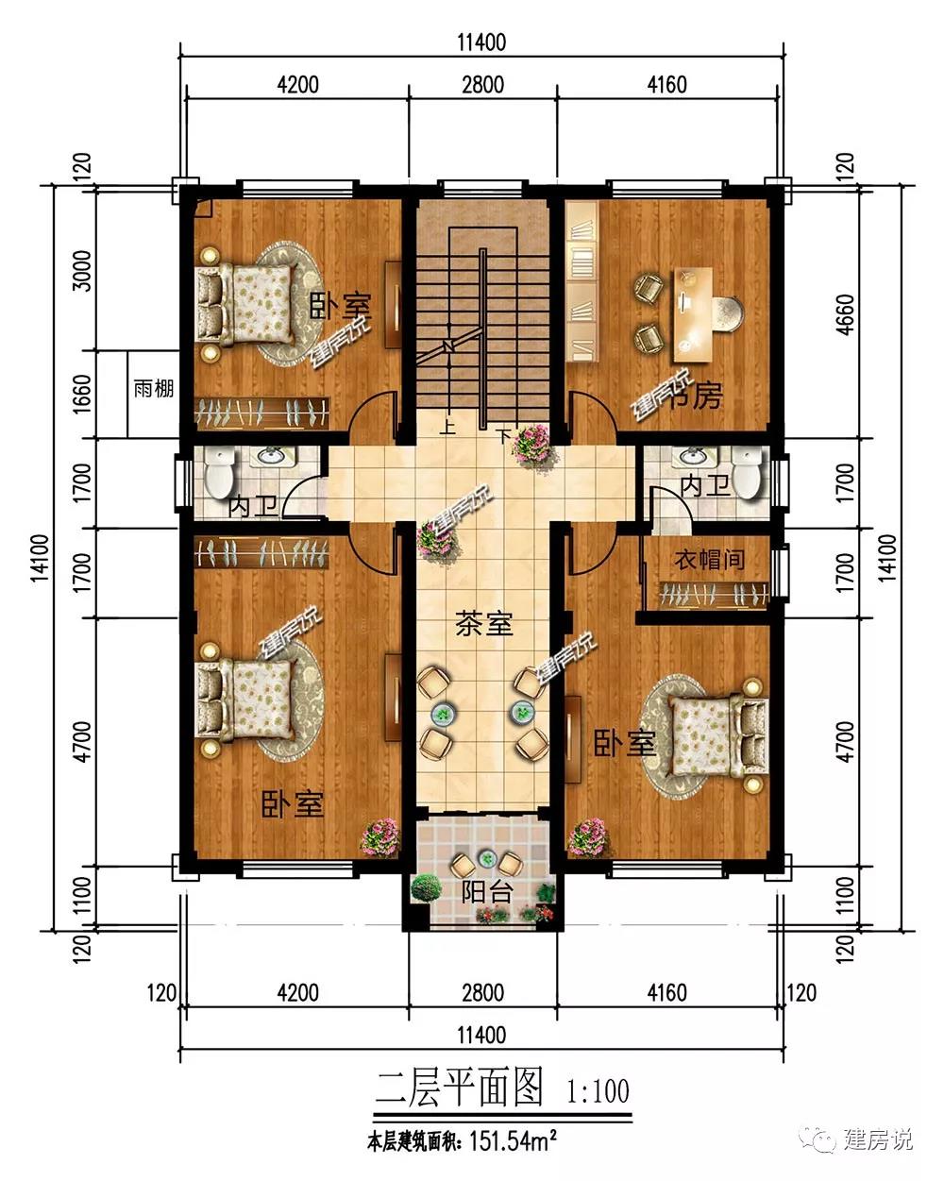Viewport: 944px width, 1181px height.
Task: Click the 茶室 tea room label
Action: [x=483, y=624]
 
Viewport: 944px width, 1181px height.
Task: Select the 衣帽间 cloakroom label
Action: [x=709, y=561]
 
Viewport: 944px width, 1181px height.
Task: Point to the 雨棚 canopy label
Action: [x=154, y=389]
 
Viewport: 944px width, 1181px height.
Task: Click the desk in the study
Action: [x=694, y=315]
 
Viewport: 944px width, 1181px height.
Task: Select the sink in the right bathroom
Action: [x=693, y=455]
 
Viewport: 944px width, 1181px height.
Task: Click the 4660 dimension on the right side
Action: [x=847, y=314]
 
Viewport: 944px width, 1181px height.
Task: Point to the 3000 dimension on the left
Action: [x=82, y=271]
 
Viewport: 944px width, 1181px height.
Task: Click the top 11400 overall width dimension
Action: [x=481, y=42]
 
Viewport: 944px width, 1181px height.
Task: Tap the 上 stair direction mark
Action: [x=448, y=427]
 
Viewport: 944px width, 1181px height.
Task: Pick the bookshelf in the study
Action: [x=581, y=281]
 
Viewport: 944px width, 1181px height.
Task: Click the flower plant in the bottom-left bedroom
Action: [x=379, y=836]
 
